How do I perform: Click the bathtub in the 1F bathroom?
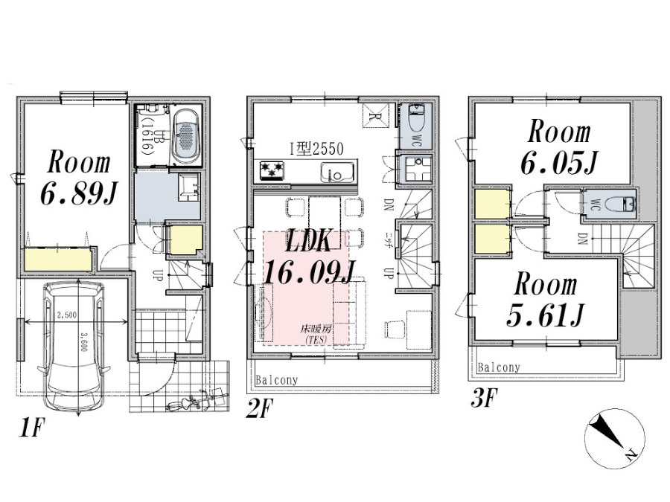(185, 137)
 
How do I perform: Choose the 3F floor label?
(485, 399)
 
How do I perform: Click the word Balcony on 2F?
(276, 380)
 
